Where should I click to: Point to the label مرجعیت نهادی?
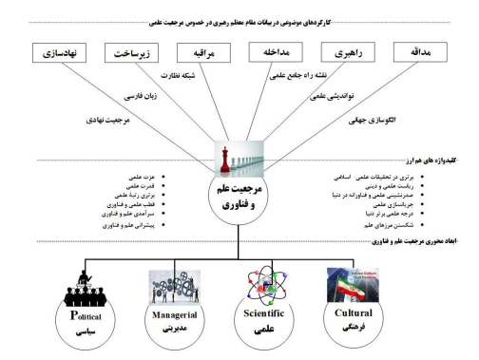tap(123, 122)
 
